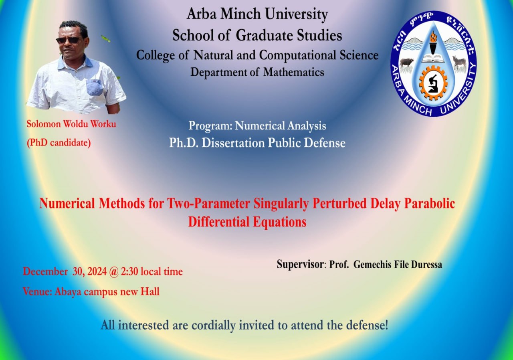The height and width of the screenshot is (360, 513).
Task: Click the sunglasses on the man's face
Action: point(69,40)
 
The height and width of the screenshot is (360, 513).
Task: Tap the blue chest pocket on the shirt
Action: point(94,87)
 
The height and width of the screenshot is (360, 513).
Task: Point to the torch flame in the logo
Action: point(433,36)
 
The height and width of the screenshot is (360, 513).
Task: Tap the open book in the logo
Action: point(433,58)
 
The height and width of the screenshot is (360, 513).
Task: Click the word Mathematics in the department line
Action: point(294,72)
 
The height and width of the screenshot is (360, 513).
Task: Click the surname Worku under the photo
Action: point(103,124)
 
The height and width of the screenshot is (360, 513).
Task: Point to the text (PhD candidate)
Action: point(59,143)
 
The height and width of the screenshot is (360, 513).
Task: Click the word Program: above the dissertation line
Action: point(210,126)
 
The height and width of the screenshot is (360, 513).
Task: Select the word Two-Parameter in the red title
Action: point(208,203)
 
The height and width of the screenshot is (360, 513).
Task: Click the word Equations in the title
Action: point(279,222)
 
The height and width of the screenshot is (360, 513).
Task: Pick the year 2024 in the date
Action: point(97,271)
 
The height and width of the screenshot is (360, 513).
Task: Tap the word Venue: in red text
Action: point(37,291)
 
